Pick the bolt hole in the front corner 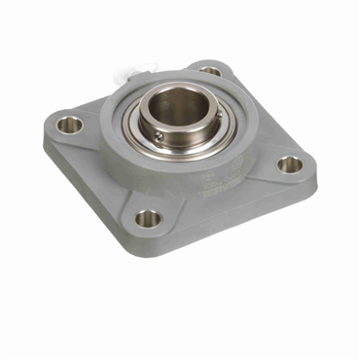(x=147, y=218)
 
